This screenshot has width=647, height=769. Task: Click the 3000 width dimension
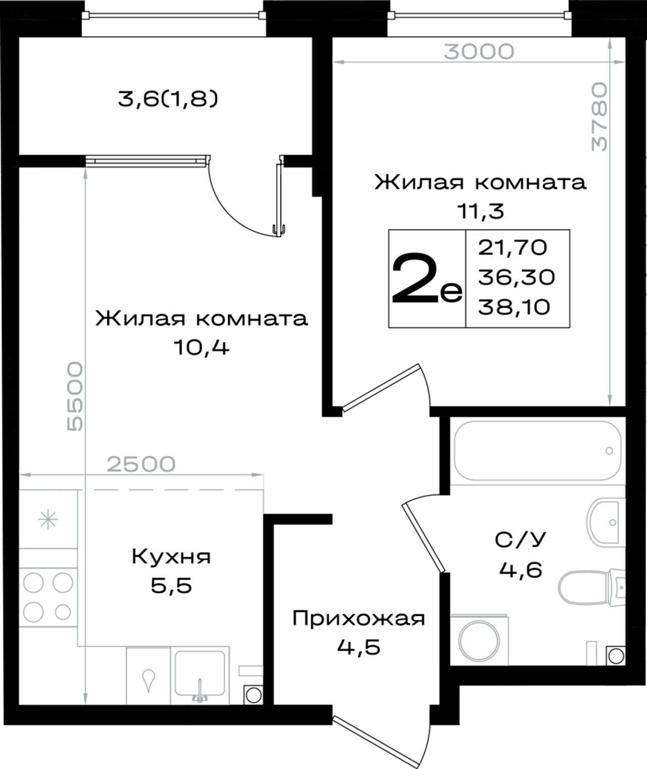tap(479, 52)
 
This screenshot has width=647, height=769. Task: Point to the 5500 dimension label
tap(75, 396)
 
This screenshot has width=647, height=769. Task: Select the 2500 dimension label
tap(141, 464)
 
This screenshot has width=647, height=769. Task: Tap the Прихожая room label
tap(358, 618)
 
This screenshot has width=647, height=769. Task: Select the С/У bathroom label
tap(520, 540)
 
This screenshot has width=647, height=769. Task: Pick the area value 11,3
tap(481, 211)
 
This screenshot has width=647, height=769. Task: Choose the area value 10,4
tap(202, 347)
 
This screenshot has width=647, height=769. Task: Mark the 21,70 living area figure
tap(513, 247)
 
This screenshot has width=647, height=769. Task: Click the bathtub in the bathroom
tap(538, 451)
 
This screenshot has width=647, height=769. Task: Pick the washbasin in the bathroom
tap(606, 522)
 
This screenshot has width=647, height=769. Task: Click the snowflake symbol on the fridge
tap(48, 520)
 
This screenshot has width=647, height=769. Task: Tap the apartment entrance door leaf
tap(376, 741)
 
